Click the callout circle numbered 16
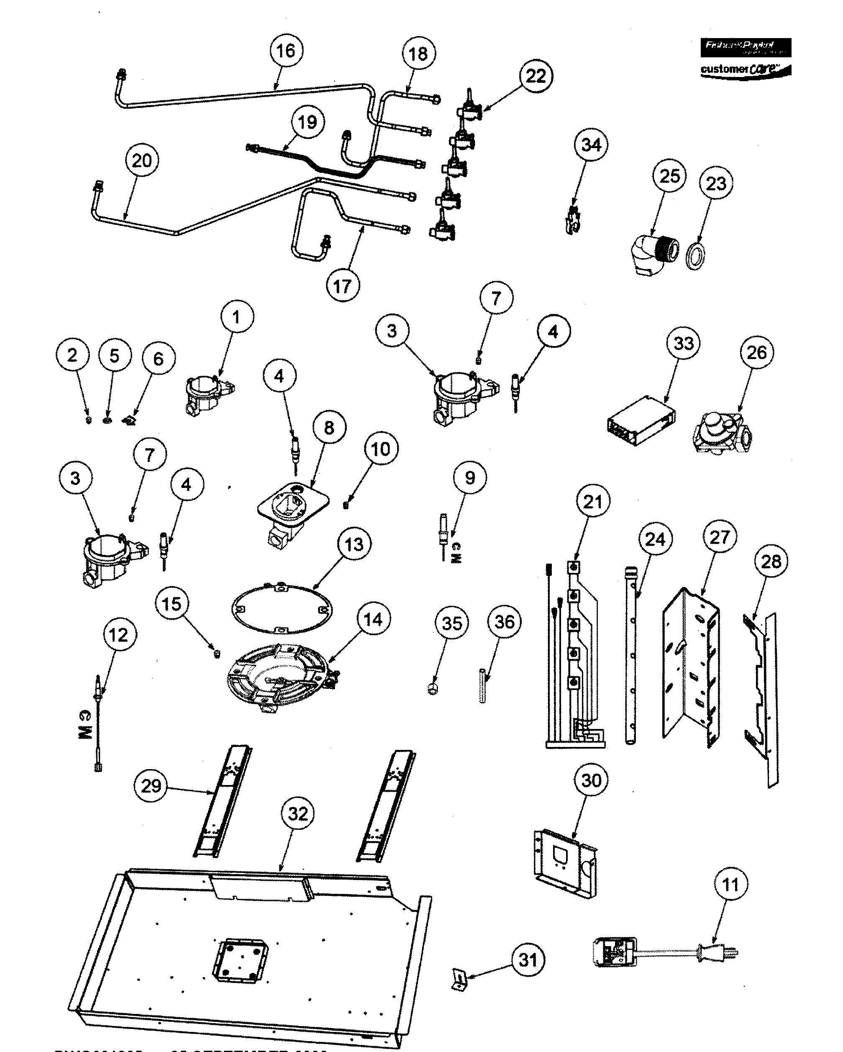coord(286,51)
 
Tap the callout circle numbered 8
coord(329,427)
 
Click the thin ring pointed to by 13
coord(282,609)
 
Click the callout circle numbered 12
coord(119,635)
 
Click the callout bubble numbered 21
coord(593,501)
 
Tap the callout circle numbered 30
coord(591,780)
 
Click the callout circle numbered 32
coord(298,813)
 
